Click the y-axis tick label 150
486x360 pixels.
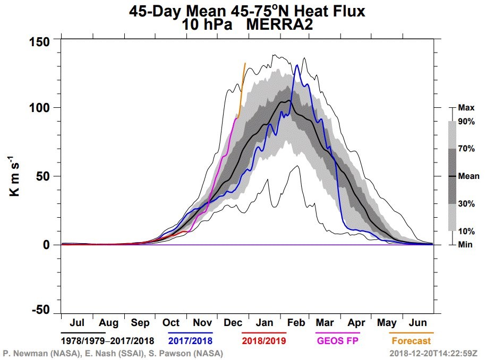point(39,42)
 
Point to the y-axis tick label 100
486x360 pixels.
point(39,108)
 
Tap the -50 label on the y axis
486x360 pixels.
point(40,309)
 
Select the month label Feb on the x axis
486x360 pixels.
point(296,322)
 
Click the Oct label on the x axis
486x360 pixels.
point(171,322)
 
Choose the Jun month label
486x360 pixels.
point(417,322)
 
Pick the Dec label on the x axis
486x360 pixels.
point(233,322)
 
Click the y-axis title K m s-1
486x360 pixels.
point(14,176)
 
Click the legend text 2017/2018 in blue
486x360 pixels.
point(190,341)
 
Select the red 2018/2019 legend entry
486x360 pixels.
point(264,341)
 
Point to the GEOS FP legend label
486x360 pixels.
point(337,341)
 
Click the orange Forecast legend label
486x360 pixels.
point(411,341)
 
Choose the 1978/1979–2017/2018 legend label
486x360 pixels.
point(107,341)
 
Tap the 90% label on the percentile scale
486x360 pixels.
point(466,122)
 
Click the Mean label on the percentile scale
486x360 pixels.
point(468,176)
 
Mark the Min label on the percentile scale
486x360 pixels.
point(465,244)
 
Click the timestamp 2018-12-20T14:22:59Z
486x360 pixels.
point(433,353)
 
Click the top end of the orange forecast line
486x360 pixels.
point(245,63)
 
